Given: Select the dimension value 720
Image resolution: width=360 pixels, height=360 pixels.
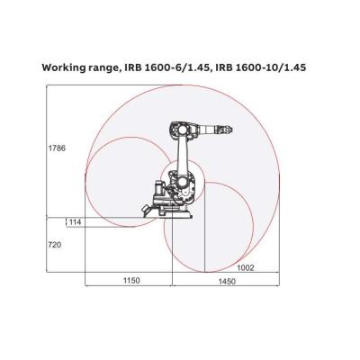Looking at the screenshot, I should [55, 244].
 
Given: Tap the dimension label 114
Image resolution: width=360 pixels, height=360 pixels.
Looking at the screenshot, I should [75, 222].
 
